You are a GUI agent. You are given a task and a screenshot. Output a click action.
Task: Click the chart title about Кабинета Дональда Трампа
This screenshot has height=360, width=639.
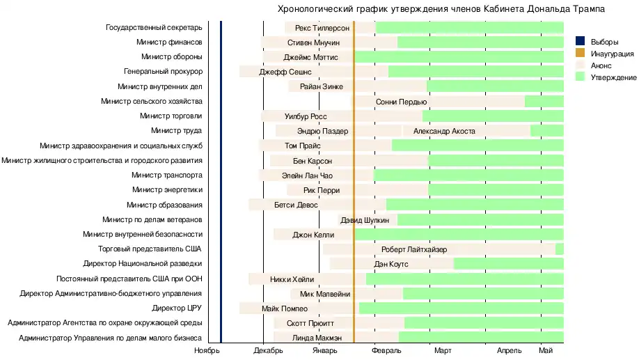pos(441,9)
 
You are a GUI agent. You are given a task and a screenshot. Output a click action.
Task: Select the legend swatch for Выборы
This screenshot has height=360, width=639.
pos(581,42)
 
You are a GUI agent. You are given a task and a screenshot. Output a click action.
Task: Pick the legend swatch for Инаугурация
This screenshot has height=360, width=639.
pos(581,54)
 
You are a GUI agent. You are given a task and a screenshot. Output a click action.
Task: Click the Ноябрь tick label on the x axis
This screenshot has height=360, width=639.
pos(207,351)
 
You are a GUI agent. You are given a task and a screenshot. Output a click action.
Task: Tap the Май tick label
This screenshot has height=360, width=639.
pos(546,351)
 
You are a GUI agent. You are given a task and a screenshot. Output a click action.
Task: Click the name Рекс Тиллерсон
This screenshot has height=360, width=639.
pos(322,28)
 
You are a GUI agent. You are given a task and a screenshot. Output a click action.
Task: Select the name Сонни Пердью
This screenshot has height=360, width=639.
pos(401,102)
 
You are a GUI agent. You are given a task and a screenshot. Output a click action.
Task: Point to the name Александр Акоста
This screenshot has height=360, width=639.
pos(444,131)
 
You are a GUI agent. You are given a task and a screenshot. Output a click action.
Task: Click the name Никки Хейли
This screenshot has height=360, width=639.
pos(292,279)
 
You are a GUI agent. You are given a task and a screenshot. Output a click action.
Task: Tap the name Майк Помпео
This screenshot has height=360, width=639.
pos(285,308)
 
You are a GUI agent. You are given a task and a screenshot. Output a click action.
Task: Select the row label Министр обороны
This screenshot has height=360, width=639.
pos(171,57)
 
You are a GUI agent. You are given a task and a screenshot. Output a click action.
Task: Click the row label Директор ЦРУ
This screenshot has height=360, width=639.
pos(177,308)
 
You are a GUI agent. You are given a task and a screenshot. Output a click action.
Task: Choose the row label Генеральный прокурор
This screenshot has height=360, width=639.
pos(163,72)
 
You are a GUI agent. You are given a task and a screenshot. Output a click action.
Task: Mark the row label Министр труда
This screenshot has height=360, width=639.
pos(176,131)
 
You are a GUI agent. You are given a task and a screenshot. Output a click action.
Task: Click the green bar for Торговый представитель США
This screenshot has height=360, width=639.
pos(560,249)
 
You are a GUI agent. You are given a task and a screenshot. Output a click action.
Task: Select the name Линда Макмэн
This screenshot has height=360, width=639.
pos(317,338)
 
